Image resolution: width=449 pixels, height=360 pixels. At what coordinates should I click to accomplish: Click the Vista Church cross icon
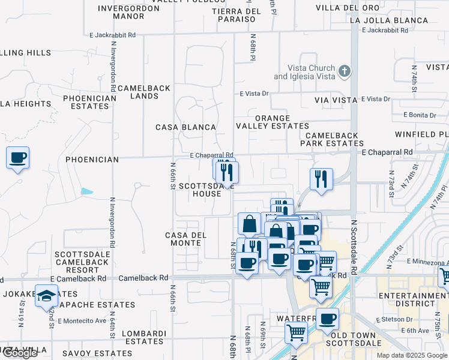344,72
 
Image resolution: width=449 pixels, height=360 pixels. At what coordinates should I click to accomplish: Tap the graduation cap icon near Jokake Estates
46,296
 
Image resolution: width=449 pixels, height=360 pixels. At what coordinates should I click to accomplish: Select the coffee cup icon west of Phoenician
17,158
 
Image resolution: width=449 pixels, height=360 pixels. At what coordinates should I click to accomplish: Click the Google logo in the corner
19,353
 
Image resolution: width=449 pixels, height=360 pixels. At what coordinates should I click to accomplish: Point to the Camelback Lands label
144,92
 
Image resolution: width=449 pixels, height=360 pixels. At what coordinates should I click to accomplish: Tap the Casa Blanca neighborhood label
185,127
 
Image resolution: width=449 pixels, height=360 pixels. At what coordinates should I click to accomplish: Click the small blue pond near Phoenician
87,192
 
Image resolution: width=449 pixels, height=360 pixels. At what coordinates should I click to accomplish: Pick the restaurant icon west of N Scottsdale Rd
321,179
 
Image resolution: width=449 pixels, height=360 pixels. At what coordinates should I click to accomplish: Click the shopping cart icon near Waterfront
296,331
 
